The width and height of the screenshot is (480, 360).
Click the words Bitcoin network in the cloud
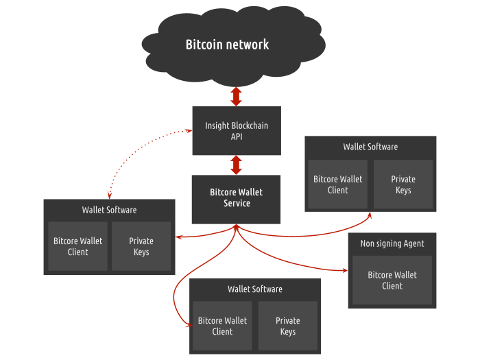point(227,45)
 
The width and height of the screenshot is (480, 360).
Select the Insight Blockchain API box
point(237,131)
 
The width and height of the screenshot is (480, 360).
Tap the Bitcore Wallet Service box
point(236,200)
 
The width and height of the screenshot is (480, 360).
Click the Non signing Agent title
point(392,243)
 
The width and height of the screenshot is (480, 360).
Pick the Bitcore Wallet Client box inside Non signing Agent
point(392,280)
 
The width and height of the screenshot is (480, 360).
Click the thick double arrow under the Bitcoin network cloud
point(236,97)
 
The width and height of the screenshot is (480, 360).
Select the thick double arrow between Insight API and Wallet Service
point(236,165)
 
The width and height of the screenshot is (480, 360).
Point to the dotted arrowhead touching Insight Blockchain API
point(189,131)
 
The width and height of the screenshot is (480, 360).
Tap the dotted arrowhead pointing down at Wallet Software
point(109,195)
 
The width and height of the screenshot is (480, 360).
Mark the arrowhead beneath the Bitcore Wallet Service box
point(236,226)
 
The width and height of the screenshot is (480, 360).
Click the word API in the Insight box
point(237,136)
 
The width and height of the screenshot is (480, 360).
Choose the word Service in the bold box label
point(237,203)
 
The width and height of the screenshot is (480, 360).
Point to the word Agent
point(414,243)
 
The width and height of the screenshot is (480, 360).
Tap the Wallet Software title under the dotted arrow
point(109,210)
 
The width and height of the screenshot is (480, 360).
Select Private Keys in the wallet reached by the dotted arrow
point(141,246)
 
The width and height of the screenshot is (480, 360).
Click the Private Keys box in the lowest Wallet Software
point(288,326)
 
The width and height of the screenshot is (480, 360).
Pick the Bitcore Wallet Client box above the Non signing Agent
point(337,184)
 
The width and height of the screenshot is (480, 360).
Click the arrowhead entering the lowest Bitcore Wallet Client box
point(189,324)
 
